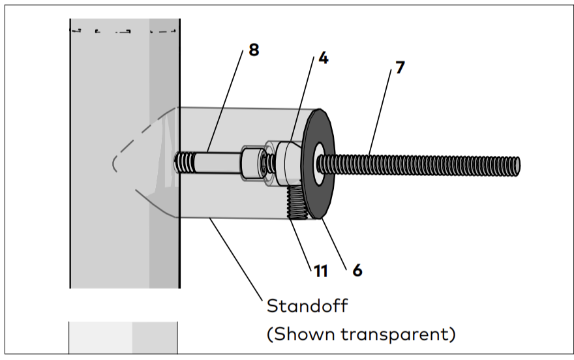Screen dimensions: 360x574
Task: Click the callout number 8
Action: pyautogui.click(x=253, y=50)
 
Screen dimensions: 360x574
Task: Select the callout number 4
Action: pyautogui.click(x=323, y=58)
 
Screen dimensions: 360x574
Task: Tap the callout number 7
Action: pyautogui.click(x=399, y=68)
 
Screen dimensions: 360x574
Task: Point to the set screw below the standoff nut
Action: pyautogui.click(x=298, y=202)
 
